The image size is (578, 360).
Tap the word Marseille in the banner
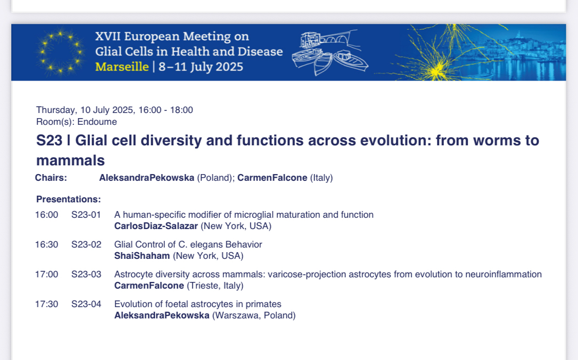tap(122, 67)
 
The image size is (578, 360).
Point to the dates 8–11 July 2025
tap(201, 67)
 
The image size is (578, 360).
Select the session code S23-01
tap(86, 215)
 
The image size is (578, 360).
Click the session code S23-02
tap(86, 244)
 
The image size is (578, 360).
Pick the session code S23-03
tap(86, 275)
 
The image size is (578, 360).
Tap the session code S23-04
tap(86, 305)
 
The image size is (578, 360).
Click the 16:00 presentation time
tap(46, 215)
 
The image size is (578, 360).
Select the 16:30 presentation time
tap(46, 244)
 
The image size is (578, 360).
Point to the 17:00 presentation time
tap(46, 275)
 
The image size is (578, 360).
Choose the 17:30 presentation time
tap(46, 305)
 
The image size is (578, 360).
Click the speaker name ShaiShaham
tap(142, 256)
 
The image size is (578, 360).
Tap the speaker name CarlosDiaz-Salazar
tap(156, 226)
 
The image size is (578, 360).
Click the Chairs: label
tap(51, 178)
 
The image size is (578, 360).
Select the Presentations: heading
tap(68, 199)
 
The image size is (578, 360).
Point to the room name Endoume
tap(97, 122)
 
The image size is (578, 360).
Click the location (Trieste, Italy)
tap(215, 286)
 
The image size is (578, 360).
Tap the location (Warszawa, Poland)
tap(254, 315)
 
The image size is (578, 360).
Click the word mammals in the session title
tap(70, 161)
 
